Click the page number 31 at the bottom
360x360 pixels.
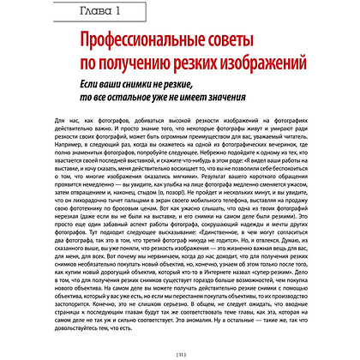tap(181, 351)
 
